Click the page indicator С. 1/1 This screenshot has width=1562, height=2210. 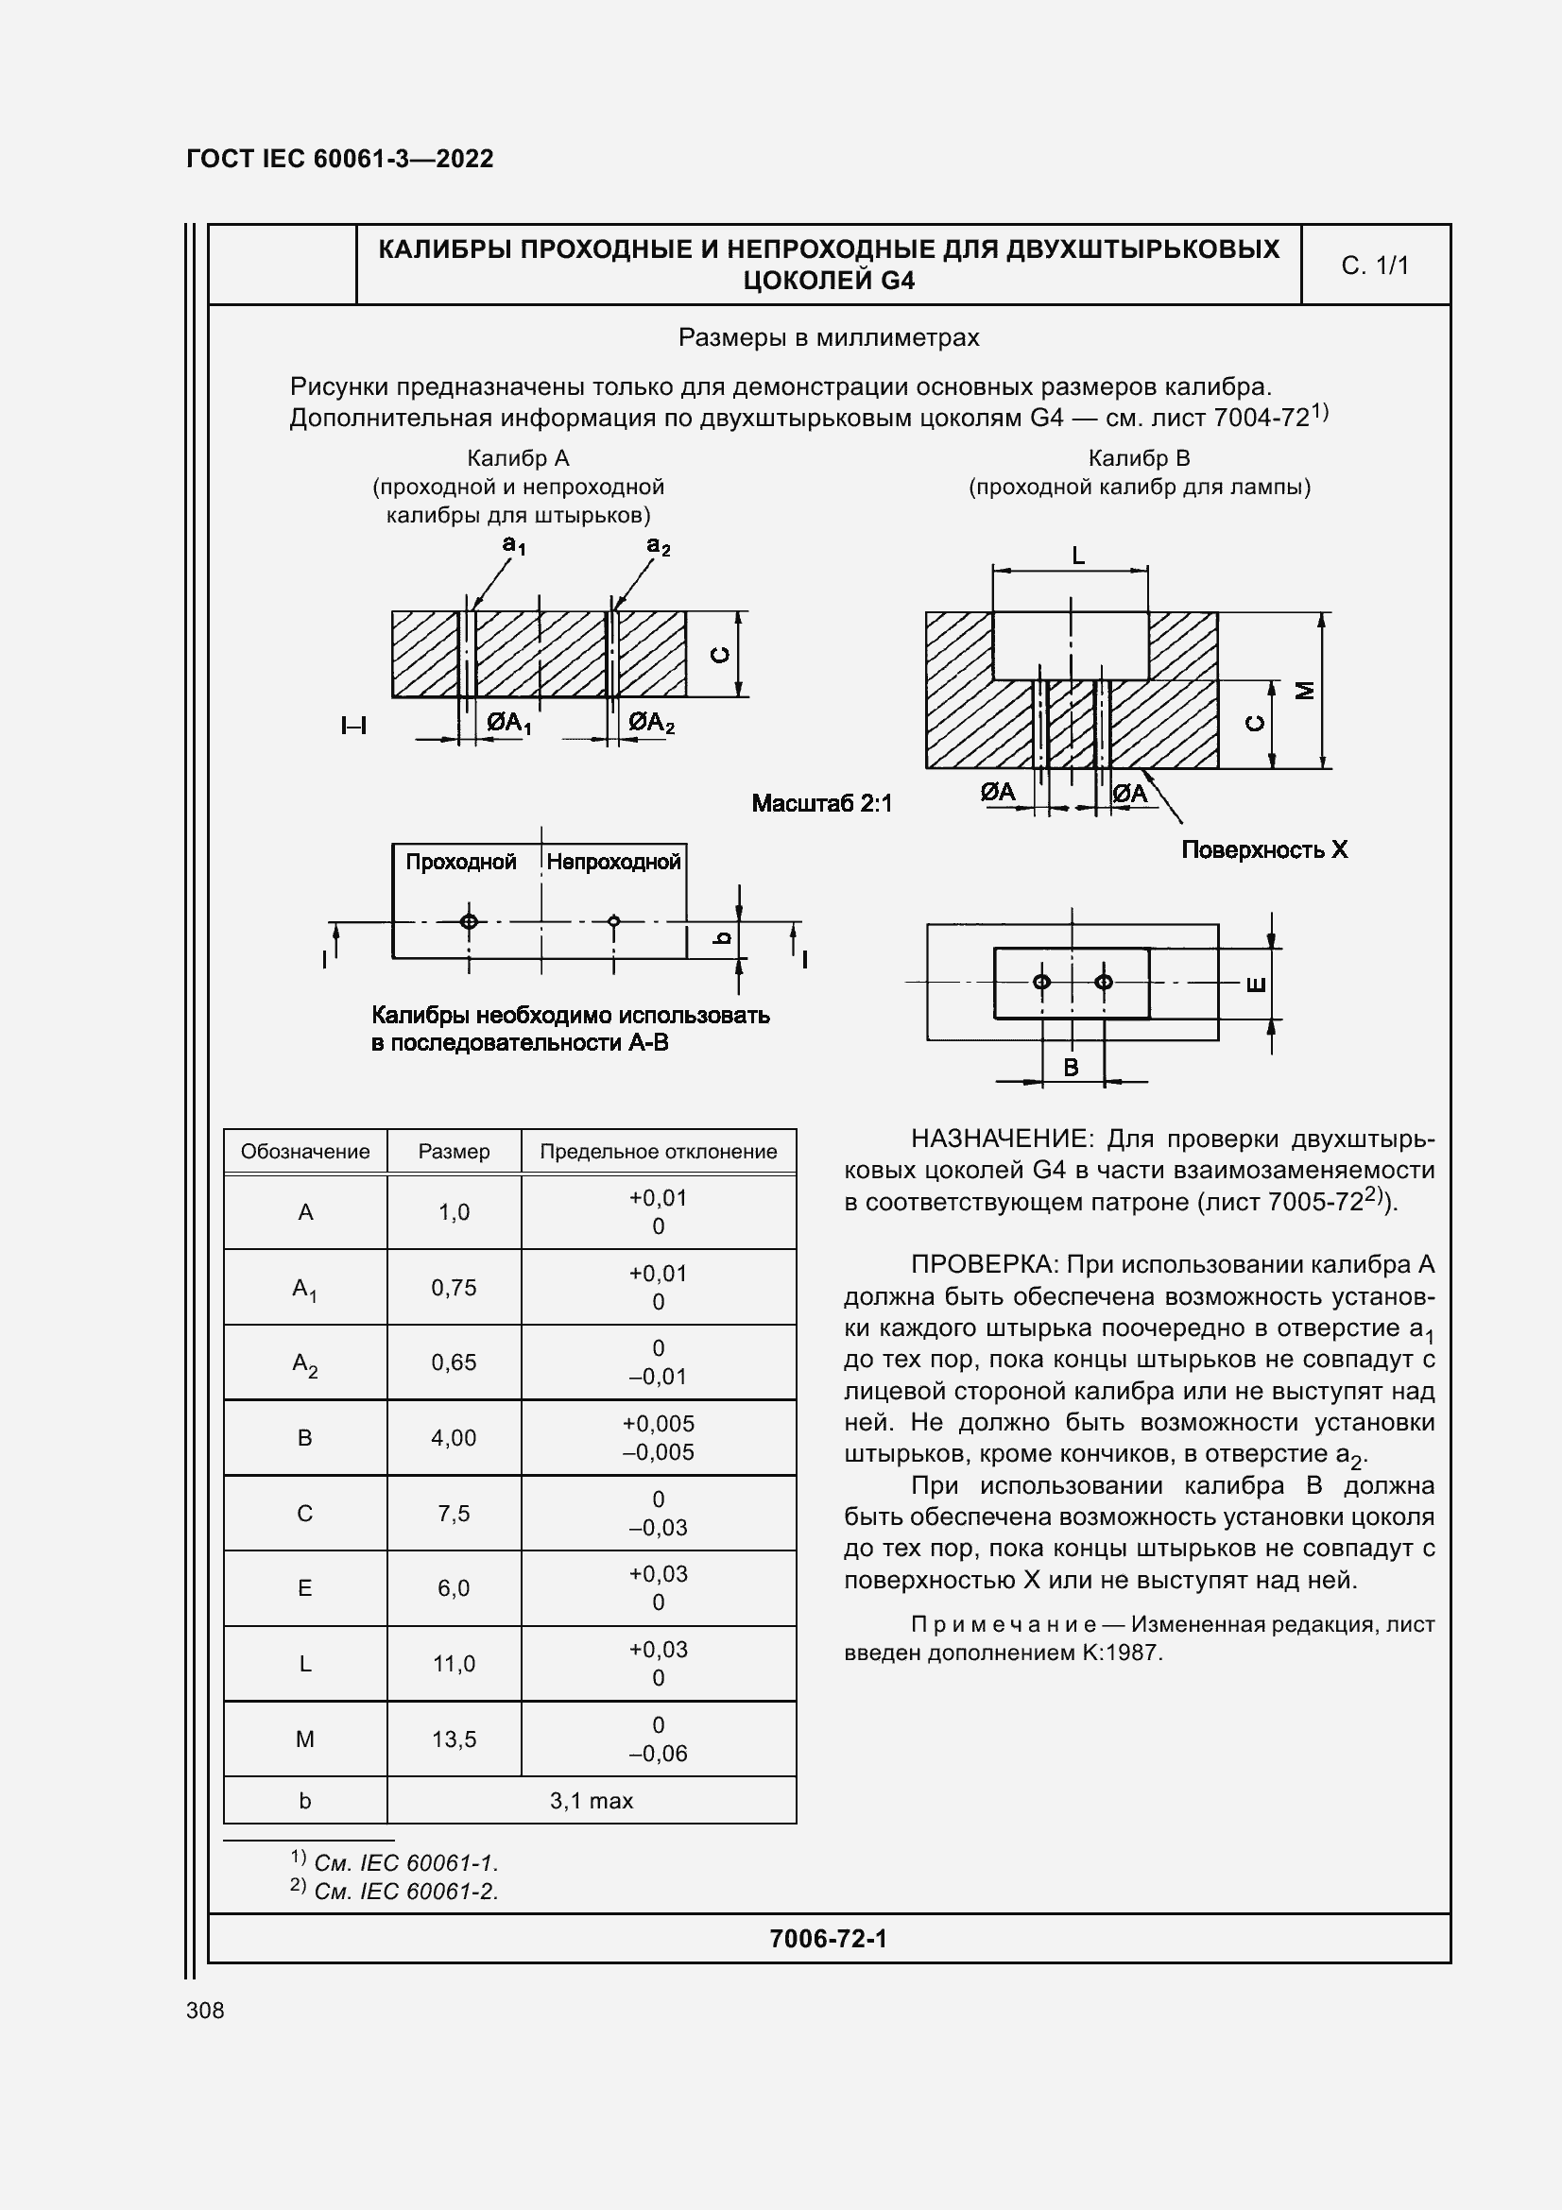[1374, 266]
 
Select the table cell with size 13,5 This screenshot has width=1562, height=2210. [454, 1739]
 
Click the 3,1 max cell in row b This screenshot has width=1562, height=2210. [591, 1801]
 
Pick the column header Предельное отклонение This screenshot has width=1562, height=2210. [658, 1151]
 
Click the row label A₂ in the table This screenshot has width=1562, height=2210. [304, 1363]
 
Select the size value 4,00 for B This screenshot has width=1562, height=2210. [454, 1438]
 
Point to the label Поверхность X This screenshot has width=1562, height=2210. [1263, 850]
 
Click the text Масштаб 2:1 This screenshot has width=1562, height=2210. [821, 803]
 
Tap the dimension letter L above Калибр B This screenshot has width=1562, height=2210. [1078, 556]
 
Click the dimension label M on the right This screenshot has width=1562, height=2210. [1305, 690]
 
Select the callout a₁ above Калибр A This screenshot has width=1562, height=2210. [514, 546]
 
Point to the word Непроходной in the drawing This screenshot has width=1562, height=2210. [613, 862]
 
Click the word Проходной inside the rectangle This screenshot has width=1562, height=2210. [461, 862]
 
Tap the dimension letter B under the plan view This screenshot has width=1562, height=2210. [1071, 1067]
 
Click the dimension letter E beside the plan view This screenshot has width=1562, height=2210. [1256, 984]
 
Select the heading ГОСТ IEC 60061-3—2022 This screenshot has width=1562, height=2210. [340, 159]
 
